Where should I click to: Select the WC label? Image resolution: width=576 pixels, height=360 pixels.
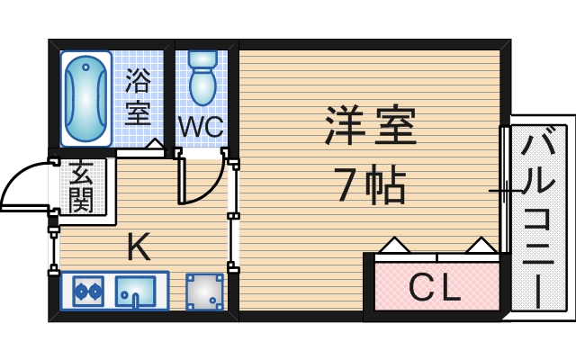[x=200, y=127]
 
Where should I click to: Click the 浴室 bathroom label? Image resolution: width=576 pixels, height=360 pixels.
[x=138, y=97]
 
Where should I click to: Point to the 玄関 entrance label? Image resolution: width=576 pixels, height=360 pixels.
[x=81, y=186]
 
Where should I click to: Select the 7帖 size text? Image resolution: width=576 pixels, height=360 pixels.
[x=371, y=185]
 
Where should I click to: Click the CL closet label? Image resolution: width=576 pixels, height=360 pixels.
[x=435, y=288]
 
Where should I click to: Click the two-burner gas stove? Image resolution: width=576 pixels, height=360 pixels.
[x=87, y=292]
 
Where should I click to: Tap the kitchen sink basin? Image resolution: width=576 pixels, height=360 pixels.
[x=135, y=292]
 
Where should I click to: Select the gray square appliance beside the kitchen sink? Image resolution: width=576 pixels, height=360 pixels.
[x=204, y=292]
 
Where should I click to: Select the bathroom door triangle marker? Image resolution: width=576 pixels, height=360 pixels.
[x=155, y=145]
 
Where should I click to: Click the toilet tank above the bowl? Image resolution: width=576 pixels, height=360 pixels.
[x=202, y=60]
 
